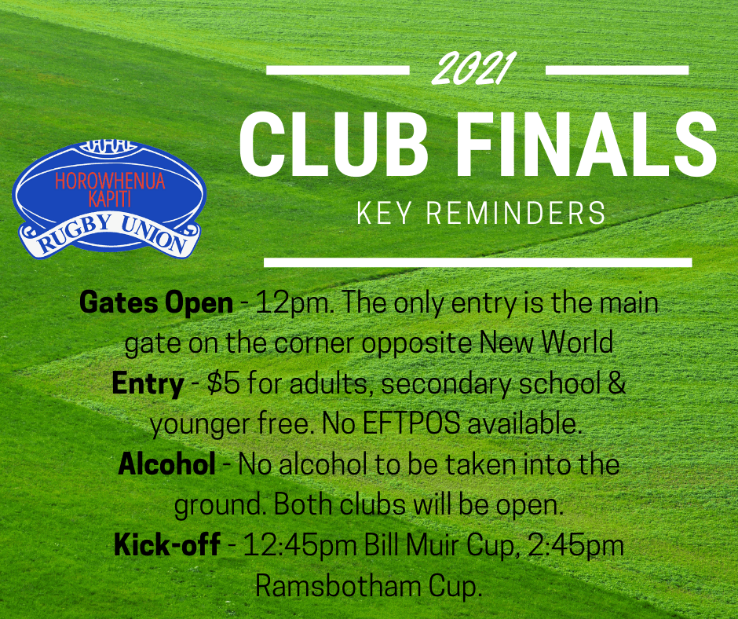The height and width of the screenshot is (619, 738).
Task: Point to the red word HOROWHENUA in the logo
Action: click(110, 180)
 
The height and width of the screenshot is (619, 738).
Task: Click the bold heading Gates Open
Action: click(156, 303)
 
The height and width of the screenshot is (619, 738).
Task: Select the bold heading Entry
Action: click(148, 383)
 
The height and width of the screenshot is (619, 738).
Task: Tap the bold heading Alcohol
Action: click(166, 464)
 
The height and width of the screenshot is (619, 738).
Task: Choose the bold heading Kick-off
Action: click(166, 544)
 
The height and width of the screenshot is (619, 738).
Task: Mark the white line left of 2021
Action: click(338, 70)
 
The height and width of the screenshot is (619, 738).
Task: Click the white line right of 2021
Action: click(616, 70)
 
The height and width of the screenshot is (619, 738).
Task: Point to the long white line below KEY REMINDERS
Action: click(477, 262)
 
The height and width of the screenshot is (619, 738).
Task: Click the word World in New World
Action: click(577, 343)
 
